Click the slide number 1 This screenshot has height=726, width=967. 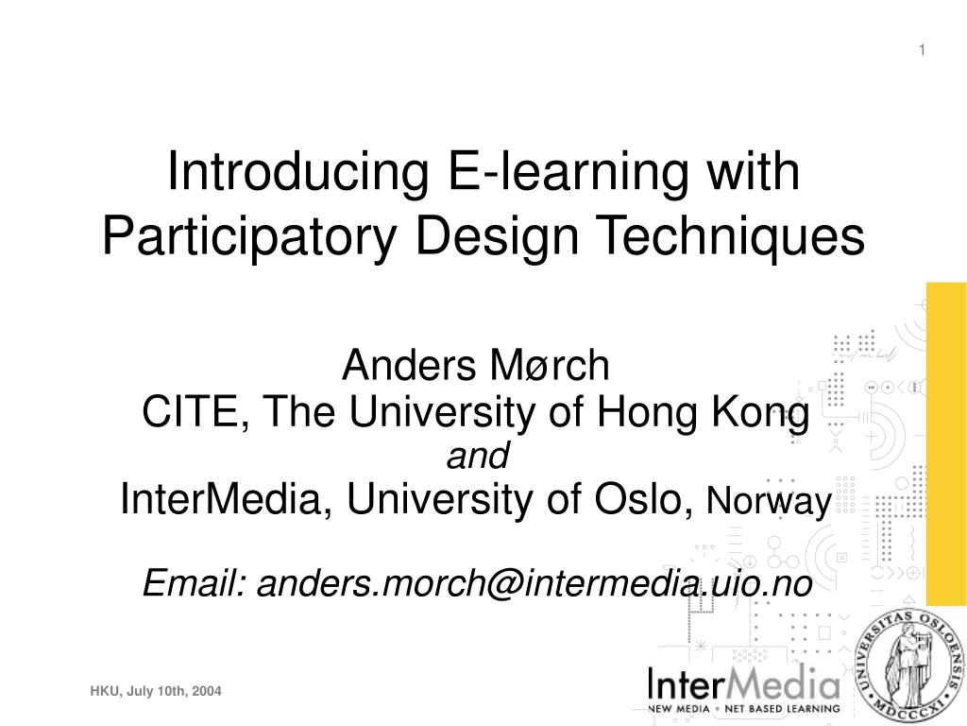pos(924,49)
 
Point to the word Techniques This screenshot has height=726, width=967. pos(750,236)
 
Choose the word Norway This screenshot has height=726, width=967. pos(768,503)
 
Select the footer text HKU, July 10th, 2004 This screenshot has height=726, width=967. pos(156,692)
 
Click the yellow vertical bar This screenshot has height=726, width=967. pos(945,444)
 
